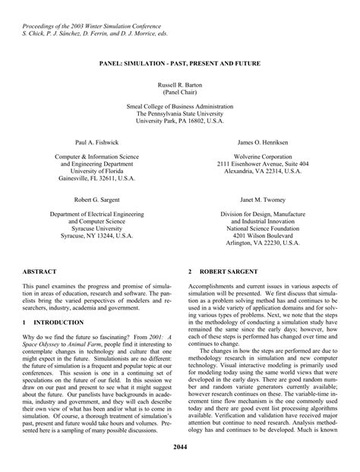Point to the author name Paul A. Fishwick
pos(96,143)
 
